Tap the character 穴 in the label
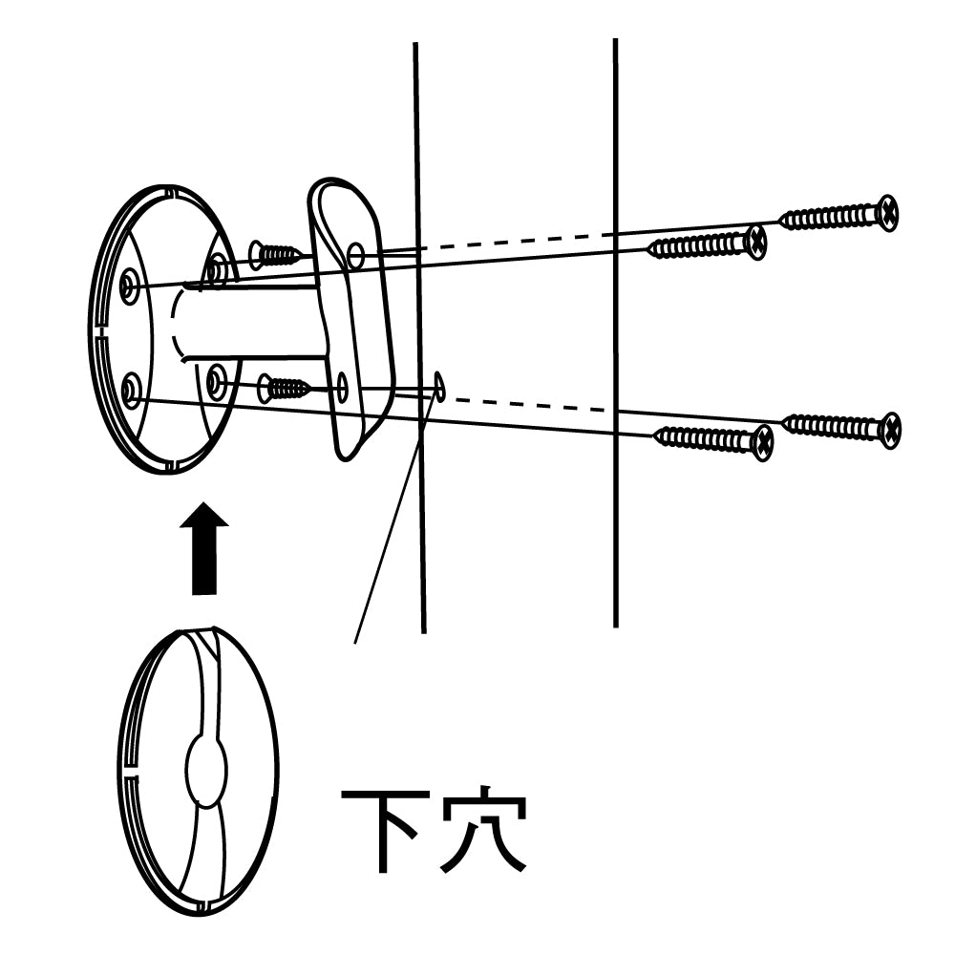(x=484, y=828)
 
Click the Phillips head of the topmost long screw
(x=887, y=213)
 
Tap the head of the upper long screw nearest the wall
(x=755, y=242)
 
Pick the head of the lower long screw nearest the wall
(x=761, y=442)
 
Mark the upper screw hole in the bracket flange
(x=355, y=255)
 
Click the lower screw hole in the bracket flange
(x=342, y=388)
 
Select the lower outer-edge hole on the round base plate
(x=131, y=388)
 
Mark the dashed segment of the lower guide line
(x=525, y=402)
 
